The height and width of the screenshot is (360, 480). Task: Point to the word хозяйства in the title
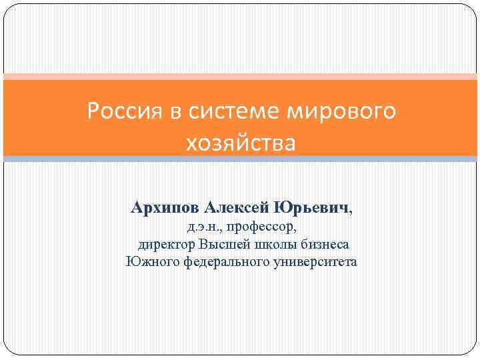241,142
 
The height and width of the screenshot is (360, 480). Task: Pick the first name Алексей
235,209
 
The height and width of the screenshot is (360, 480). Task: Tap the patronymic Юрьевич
311,209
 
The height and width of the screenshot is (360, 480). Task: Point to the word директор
167,245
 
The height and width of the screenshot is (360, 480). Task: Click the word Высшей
222,245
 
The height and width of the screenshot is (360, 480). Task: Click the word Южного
147,261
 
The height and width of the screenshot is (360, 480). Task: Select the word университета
315,261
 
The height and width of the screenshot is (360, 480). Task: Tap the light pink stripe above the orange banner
240,77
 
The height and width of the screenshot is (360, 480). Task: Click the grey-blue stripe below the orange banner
240,159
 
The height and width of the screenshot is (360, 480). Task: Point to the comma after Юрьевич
351,212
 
